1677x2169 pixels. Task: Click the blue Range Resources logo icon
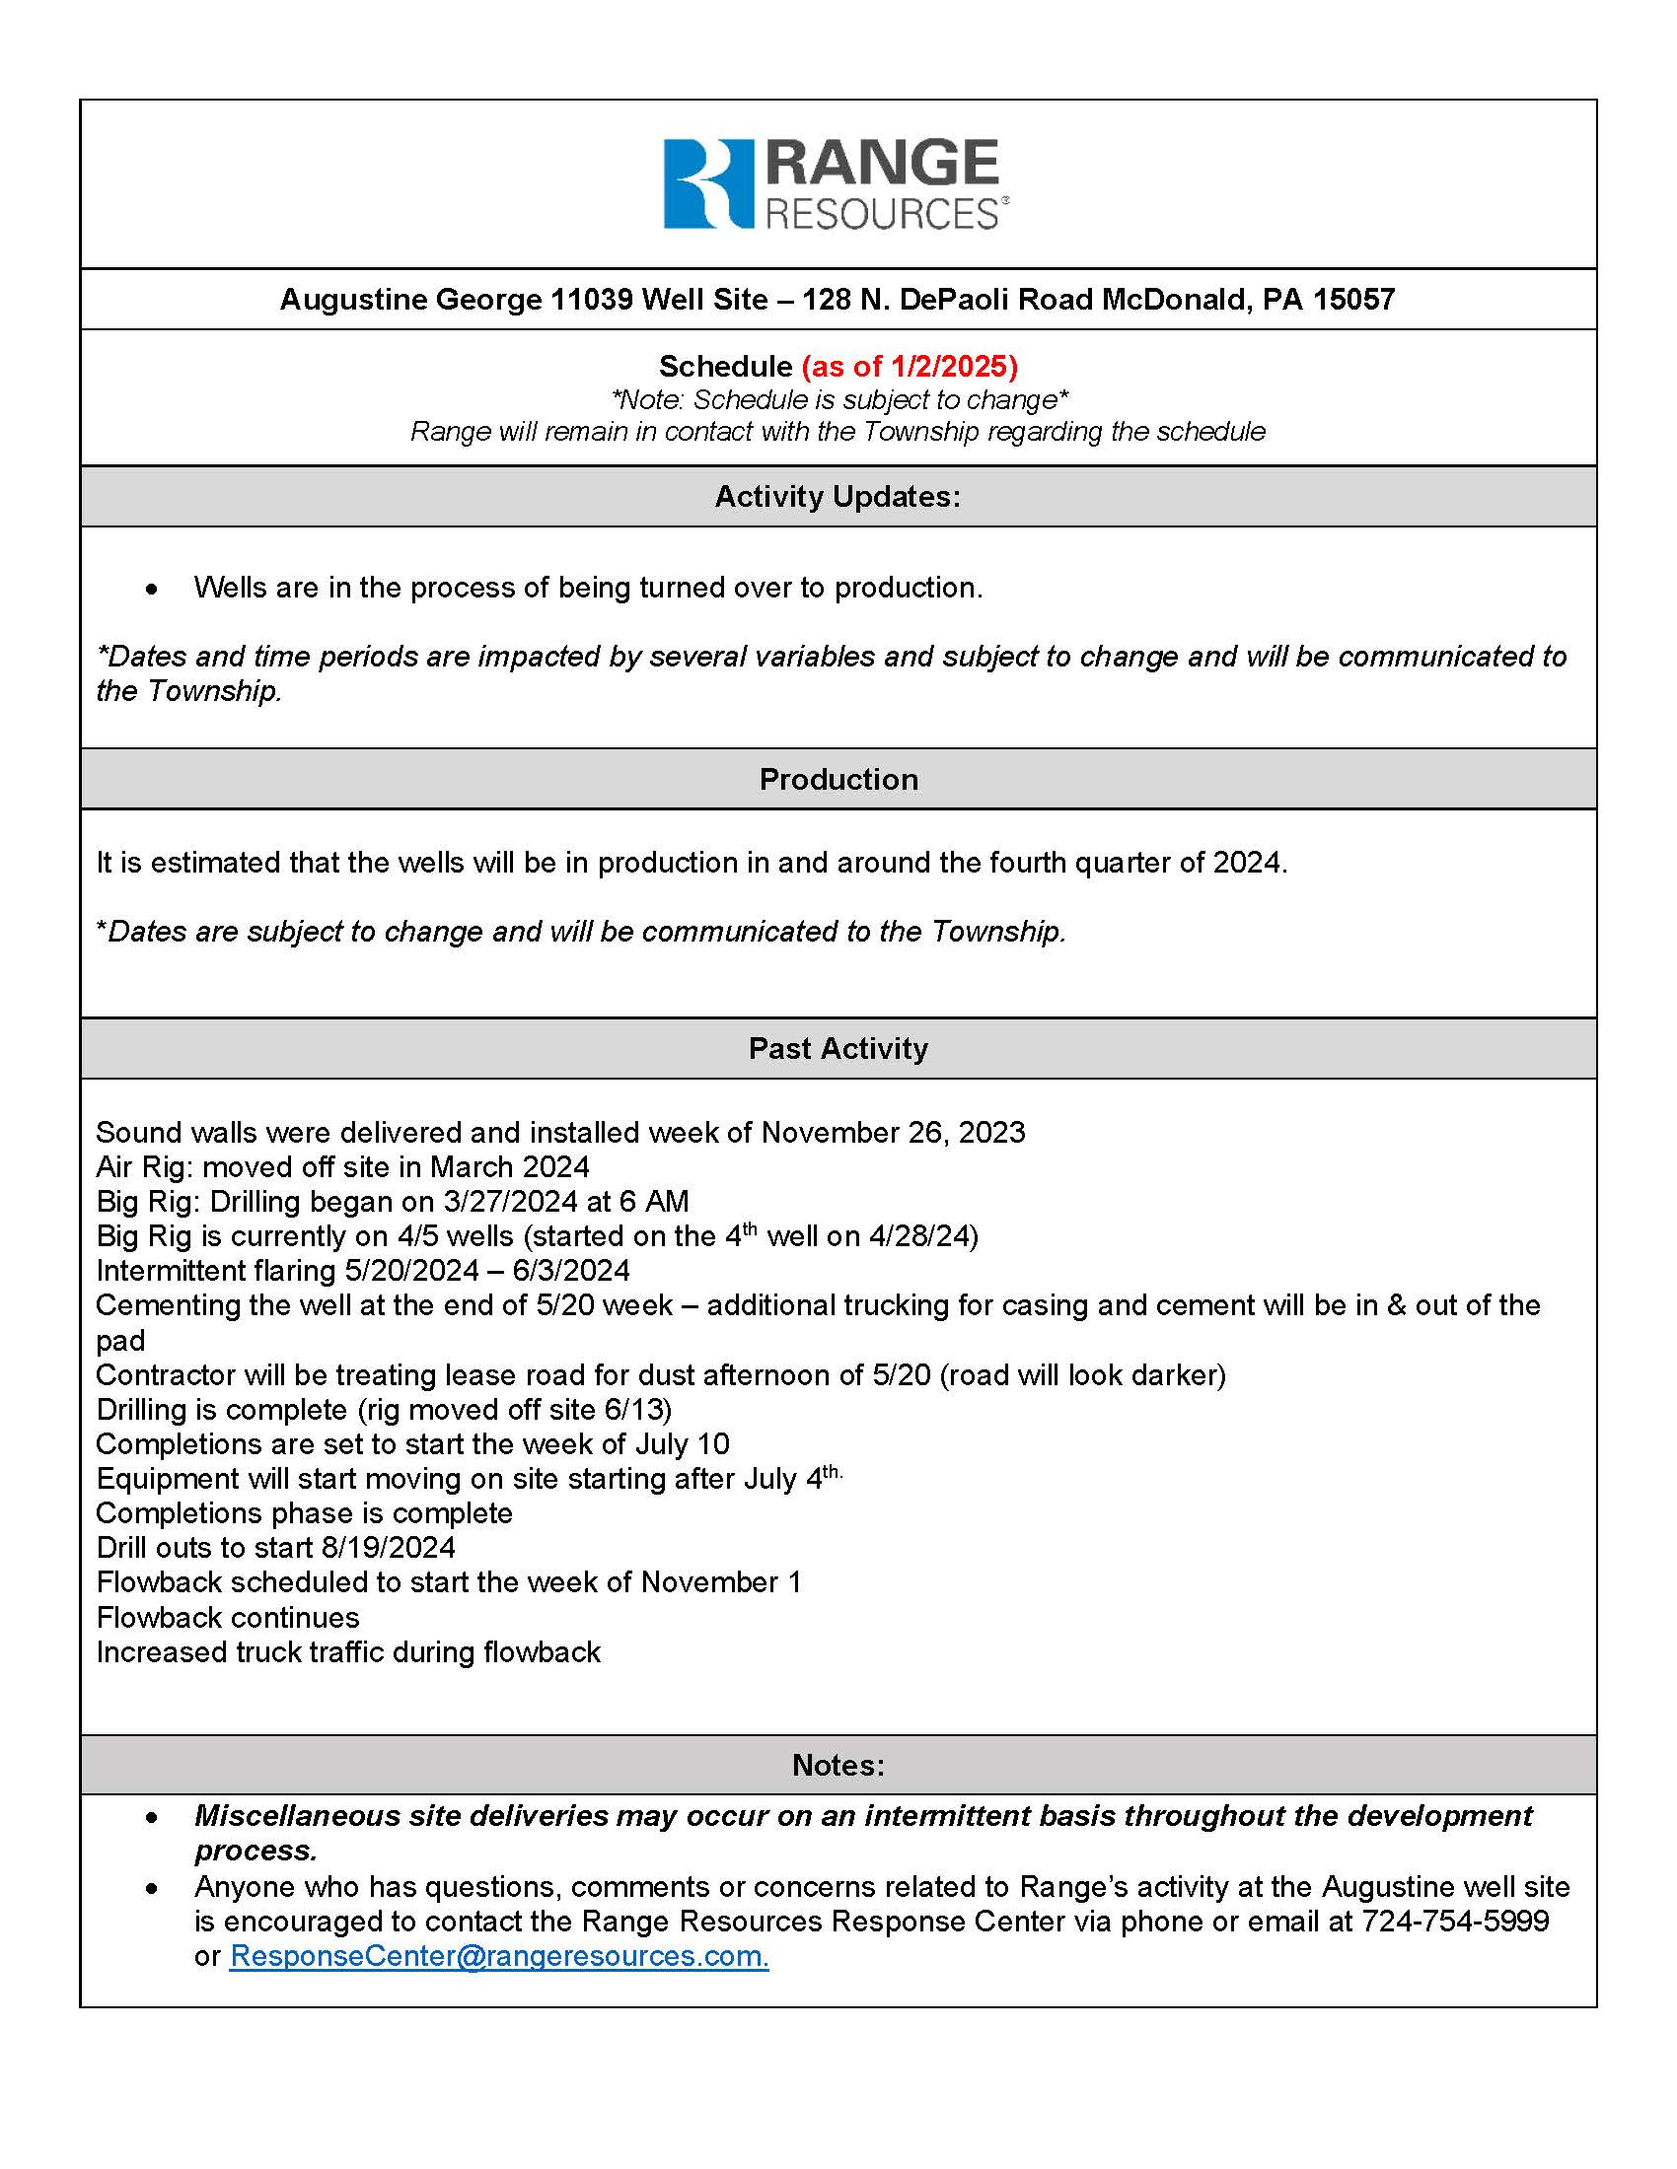click(x=707, y=183)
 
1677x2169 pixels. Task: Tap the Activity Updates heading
click(x=838, y=497)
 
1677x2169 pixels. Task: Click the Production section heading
click(x=838, y=779)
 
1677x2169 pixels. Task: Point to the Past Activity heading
click(x=838, y=1048)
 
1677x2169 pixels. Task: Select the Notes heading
click(x=838, y=1765)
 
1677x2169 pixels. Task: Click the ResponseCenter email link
click(x=499, y=1955)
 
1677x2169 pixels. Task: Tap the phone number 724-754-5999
click(x=1454, y=1921)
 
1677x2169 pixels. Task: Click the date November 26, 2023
click(x=892, y=1132)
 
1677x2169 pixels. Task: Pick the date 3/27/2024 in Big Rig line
click(x=510, y=1202)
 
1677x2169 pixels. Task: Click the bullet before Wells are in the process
click(x=151, y=590)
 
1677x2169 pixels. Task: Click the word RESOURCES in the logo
click(x=881, y=215)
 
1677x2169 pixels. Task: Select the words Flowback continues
click(x=228, y=1617)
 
